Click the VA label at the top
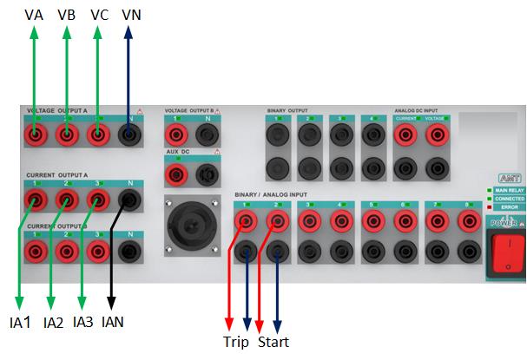tap(34, 15)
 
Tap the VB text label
tap(66, 15)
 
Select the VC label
tap(98, 15)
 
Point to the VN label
tap(131, 15)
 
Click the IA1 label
tap(20, 322)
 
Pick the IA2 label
tap(53, 322)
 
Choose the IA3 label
tap(83, 322)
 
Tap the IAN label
tap(113, 322)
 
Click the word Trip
tap(235, 343)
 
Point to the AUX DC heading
tap(177, 152)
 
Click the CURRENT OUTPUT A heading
tap(57, 175)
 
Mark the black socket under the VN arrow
tap(130, 135)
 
